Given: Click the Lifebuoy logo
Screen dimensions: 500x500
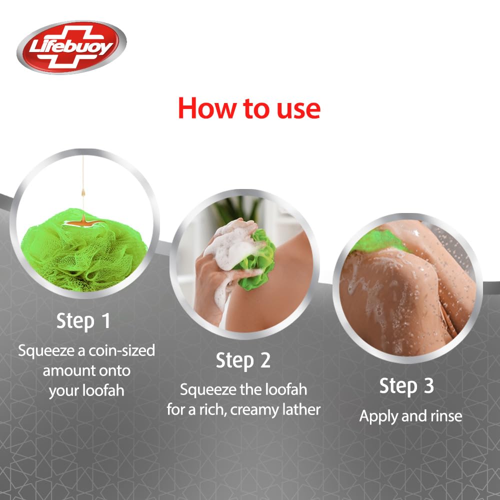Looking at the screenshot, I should click(x=71, y=47).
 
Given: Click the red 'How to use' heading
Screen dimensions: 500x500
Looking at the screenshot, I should click(x=248, y=108).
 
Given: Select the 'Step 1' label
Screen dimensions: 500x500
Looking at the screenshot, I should click(x=83, y=321).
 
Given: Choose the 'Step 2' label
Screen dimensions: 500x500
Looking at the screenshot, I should click(x=243, y=360).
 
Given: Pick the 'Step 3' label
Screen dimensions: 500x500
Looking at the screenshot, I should click(x=406, y=386).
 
